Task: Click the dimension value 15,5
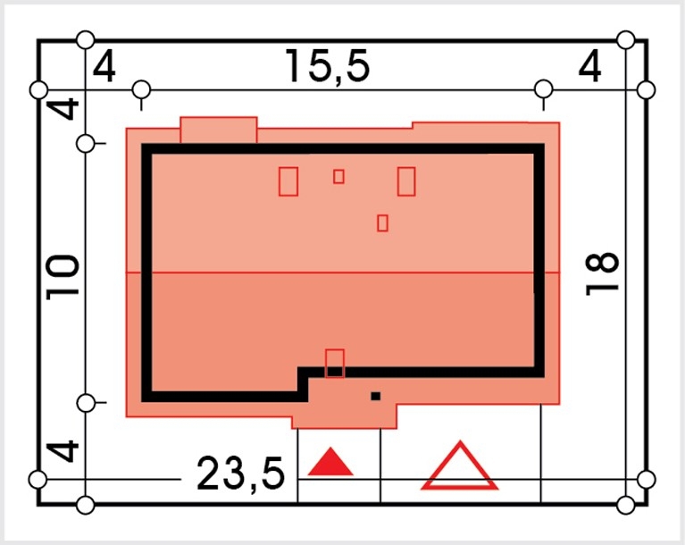(x=327, y=66)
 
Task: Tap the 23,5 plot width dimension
(x=241, y=474)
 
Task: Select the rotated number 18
(x=602, y=273)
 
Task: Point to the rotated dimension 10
(x=63, y=278)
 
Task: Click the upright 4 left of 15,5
(x=104, y=67)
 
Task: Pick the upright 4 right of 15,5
(x=589, y=67)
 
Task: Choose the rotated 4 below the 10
(x=63, y=451)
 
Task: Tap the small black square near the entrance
(x=376, y=397)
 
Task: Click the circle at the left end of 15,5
(x=141, y=90)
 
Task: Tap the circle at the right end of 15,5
(x=544, y=89)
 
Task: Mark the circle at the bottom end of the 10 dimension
(x=86, y=403)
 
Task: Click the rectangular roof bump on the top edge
(x=219, y=130)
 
